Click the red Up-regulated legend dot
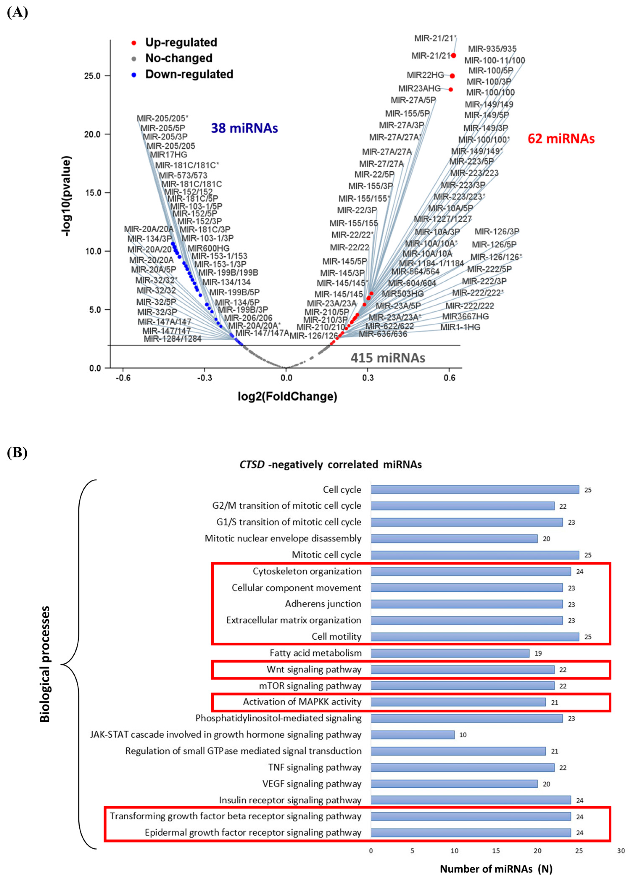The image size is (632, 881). click(x=134, y=43)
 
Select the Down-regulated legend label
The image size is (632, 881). click(x=189, y=74)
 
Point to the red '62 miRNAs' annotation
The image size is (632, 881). click(x=561, y=139)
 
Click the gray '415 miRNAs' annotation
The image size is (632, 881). click(x=388, y=358)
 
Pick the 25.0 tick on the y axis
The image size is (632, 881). click(x=92, y=76)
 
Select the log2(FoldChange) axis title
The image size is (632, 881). click(x=287, y=397)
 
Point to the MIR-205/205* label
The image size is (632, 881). click(x=162, y=118)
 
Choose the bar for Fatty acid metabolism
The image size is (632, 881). click(x=450, y=653)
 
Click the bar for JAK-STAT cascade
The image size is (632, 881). click(x=412, y=735)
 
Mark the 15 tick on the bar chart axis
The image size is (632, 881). click(x=496, y=851)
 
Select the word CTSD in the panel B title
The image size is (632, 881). click(x=252, y=465)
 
